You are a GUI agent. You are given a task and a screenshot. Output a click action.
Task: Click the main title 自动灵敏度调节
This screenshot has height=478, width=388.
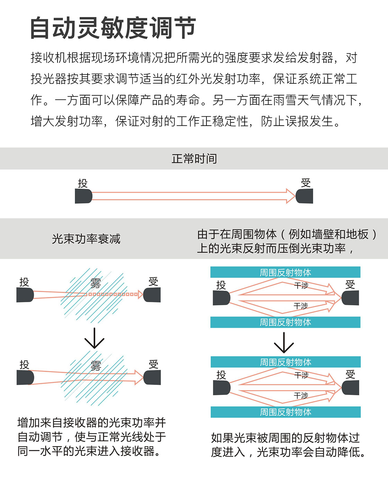pos(113,28)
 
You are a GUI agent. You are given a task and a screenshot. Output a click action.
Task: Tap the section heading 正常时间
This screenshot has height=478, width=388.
pos(194,159)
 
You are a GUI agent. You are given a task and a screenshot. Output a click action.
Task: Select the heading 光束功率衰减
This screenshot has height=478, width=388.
pos(86,239)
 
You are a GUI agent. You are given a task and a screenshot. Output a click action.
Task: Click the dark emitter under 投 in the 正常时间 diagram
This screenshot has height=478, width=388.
pos(83,196)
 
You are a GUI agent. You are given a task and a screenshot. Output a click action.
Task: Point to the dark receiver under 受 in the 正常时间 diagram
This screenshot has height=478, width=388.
pos(305,196)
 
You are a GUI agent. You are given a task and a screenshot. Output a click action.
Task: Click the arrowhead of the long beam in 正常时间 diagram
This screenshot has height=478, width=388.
pos(290,196)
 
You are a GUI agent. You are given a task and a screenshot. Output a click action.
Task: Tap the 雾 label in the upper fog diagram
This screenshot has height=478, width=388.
pos(95,283)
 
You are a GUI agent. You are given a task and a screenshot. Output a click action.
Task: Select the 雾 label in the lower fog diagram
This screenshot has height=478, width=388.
pos(95,366)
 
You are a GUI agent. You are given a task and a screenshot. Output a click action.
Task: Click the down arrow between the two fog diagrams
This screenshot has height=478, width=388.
pos(94,338)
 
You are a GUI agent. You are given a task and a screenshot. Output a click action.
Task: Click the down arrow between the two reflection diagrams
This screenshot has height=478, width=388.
pos(284,343)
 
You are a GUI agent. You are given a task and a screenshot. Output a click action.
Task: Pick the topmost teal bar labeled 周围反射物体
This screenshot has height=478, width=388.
pos(285,272)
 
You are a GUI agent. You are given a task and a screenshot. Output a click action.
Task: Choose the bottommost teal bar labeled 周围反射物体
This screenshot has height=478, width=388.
pos(285,412)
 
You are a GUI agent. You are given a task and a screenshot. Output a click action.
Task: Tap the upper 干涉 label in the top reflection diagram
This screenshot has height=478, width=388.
pos(301,286)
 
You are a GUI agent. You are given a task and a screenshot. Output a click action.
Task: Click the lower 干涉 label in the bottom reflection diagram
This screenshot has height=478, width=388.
pos(301,395)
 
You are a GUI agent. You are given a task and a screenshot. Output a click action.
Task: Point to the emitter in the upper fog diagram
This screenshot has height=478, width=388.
pos(25,295)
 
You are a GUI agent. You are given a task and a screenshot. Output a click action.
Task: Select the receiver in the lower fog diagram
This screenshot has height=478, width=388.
pos(152,378)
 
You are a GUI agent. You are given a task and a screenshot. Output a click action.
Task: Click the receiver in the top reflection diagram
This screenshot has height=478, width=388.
pos(350,298)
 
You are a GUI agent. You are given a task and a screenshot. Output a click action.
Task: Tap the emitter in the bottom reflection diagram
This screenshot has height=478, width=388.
pos(222,388)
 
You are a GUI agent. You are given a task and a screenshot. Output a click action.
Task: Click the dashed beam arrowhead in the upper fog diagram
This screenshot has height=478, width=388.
pos(140,295)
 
